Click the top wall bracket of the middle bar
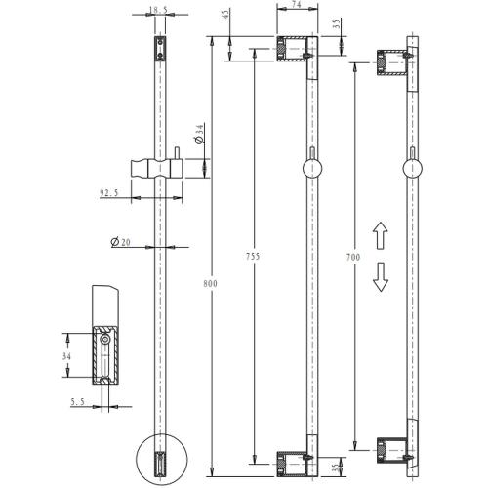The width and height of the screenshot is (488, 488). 295,50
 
